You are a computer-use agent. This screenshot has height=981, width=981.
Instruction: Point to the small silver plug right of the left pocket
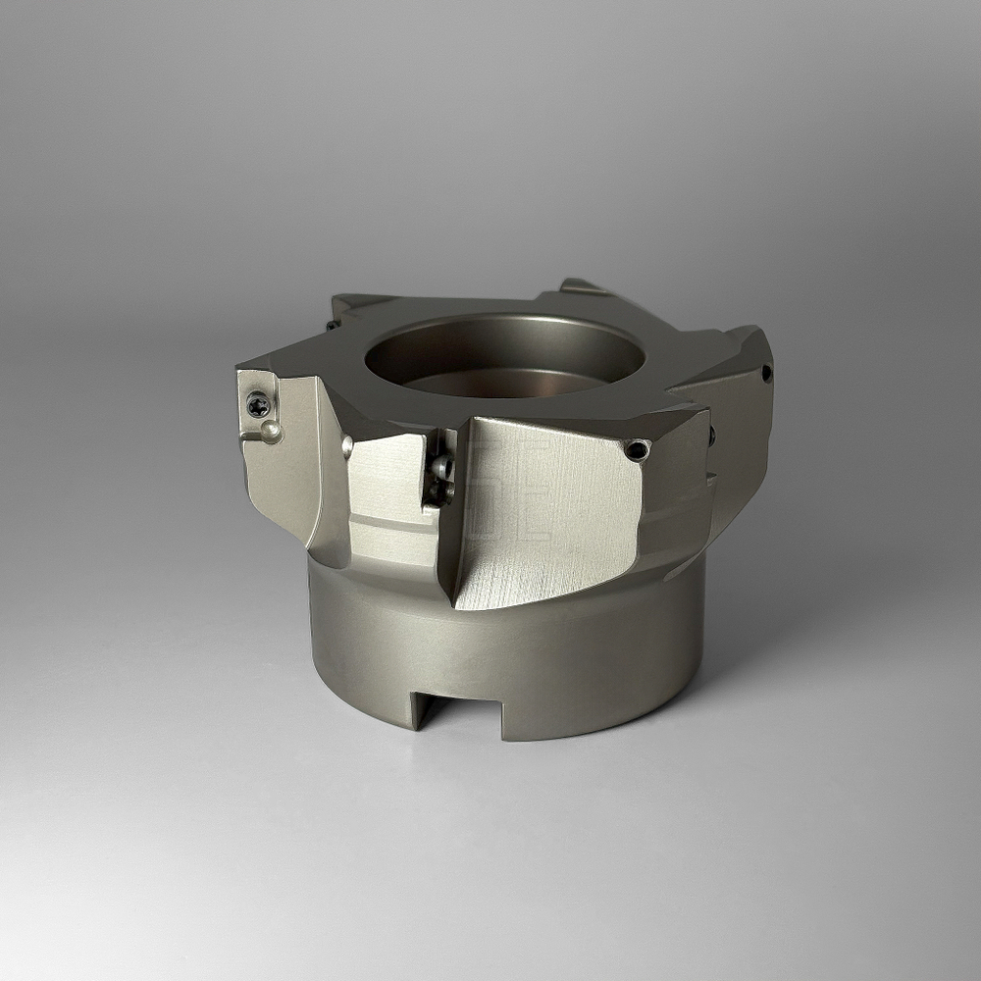(347, 446)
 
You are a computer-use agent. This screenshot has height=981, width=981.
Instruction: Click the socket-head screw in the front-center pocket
(442, 468)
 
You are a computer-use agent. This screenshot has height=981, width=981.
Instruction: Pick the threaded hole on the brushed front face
(639, 449)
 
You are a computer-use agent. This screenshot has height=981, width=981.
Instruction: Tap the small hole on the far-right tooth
(765, 372)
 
